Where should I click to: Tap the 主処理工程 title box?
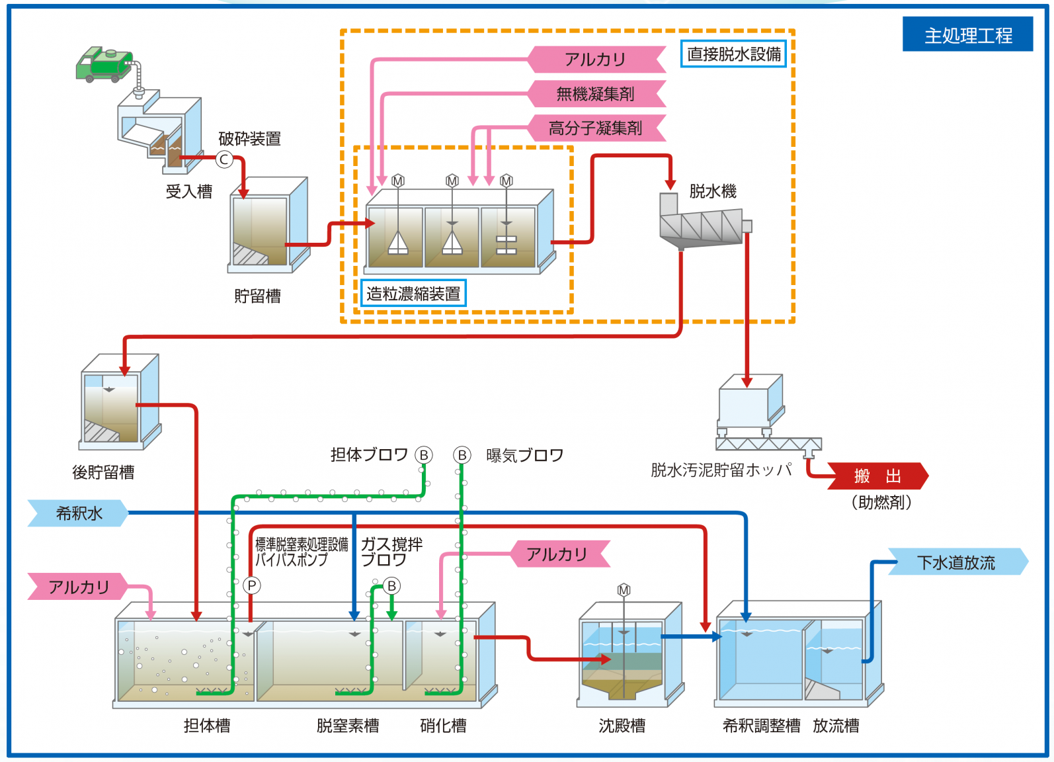click(967, 34)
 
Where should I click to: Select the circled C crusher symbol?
click(224, 159)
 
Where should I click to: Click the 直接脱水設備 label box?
click(733, 54)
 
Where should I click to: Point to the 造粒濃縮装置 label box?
click(413, 294)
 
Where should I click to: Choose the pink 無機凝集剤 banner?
click(596, 94)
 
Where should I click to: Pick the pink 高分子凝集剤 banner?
click(596, 128)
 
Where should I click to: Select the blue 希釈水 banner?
click(78, 513)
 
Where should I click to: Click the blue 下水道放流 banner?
click(956, 562)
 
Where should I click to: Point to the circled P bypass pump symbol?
click(251, 585)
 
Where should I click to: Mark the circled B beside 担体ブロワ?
click(424, 455)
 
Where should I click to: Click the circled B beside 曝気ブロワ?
click(462, 455)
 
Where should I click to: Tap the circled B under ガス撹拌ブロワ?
click(391, 586)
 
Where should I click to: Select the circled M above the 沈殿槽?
click(624, 589)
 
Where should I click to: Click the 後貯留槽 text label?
click(103, 472)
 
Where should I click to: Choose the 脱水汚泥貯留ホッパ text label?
click(721, 470)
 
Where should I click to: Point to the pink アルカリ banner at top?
click(596, 60)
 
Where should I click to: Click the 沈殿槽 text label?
click(622, 726)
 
